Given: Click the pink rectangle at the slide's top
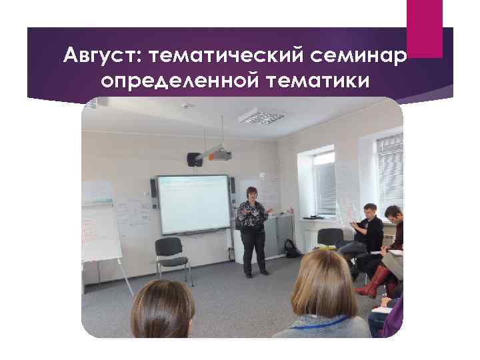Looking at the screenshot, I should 425,28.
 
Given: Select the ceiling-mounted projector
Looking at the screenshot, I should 217,155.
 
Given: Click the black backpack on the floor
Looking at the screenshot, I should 291,249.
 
